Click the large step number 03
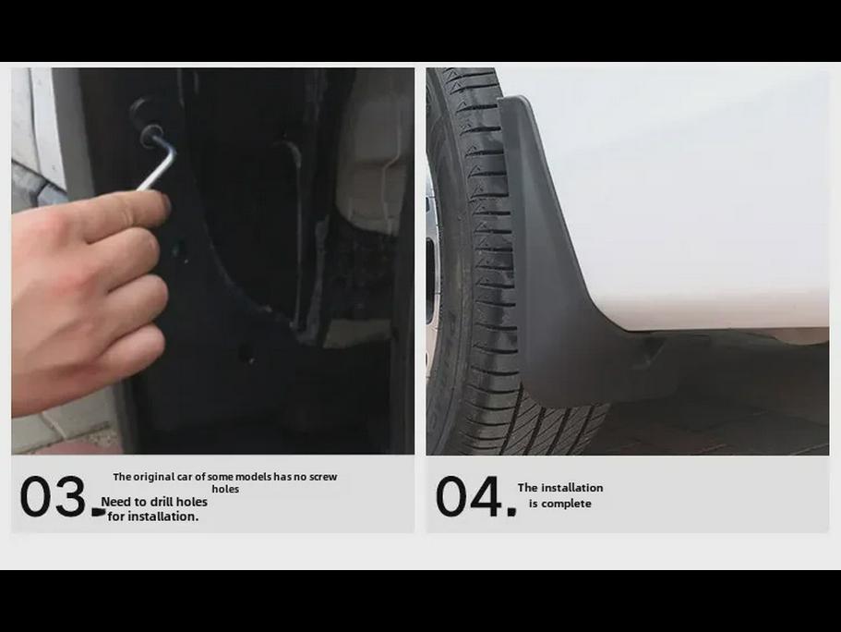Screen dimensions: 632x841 53,497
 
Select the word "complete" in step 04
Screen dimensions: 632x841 567,504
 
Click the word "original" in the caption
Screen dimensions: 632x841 155,477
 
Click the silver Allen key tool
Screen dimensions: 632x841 158,165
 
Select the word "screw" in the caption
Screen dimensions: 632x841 323,477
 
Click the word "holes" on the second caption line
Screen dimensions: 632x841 225,489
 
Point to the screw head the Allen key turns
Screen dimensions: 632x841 150,135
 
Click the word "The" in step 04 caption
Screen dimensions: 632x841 527,488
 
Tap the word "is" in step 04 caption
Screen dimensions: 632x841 534,504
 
